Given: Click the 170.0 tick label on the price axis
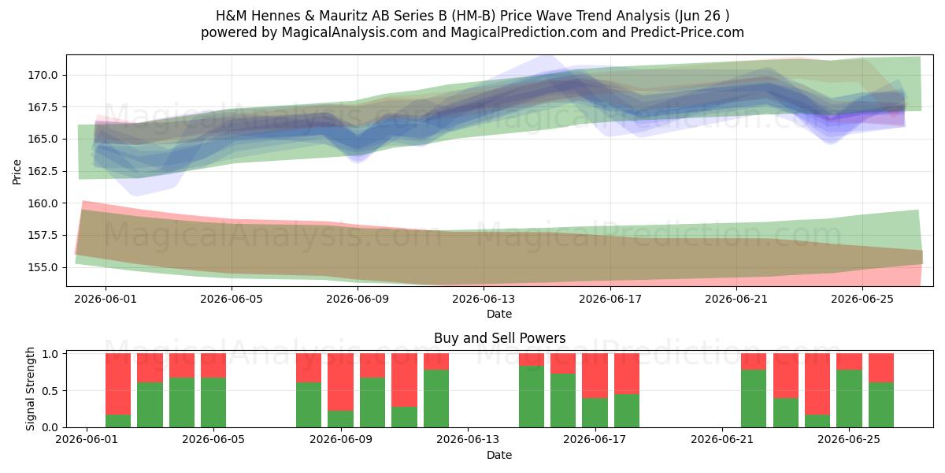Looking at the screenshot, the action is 43,75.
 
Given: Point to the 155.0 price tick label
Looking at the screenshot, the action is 43,267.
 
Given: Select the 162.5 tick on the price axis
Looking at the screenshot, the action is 43,172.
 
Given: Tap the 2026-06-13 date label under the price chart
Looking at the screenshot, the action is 484,299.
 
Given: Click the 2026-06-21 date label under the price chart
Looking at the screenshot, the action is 736,299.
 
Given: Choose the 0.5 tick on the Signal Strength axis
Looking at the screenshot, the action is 50,391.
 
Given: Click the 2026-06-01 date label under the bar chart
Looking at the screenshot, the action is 87,439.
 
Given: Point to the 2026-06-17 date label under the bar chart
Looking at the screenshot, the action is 595,439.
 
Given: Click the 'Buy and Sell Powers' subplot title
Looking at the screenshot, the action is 499,338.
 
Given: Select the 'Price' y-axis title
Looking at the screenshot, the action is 17,172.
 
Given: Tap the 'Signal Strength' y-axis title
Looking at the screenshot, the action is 30,389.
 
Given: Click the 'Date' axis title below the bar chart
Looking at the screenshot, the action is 499,455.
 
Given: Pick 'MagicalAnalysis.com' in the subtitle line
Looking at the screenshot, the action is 350,32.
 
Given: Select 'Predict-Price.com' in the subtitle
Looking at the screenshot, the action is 687,32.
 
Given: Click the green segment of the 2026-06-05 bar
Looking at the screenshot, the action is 213,403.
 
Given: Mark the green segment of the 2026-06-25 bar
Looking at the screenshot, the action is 849,399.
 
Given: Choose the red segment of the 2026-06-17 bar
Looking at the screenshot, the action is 595,375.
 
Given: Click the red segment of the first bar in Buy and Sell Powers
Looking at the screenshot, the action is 118,384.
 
